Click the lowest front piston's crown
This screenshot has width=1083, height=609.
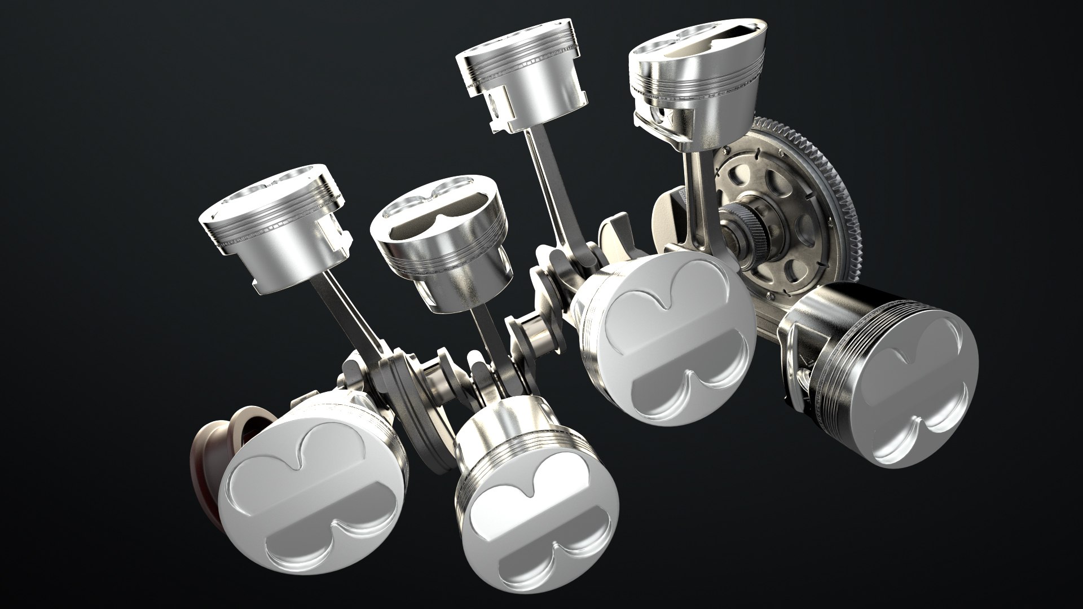[536, 519]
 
